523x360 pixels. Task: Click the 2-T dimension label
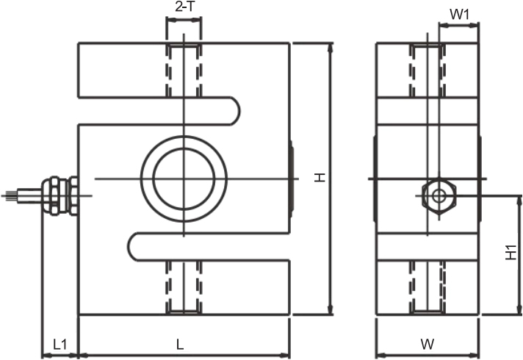pos(184,7)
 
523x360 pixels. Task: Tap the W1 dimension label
pos(460,15)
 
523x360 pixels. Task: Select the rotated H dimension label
pos(320,177)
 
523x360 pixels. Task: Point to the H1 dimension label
pos(511,253)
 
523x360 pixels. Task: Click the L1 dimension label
pos(60,345)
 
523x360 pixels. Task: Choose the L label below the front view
pos(180,345)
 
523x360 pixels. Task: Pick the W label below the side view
pos(428,345)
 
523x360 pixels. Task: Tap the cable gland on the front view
pos(60,196)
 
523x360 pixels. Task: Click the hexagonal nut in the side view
pos(439,196)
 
